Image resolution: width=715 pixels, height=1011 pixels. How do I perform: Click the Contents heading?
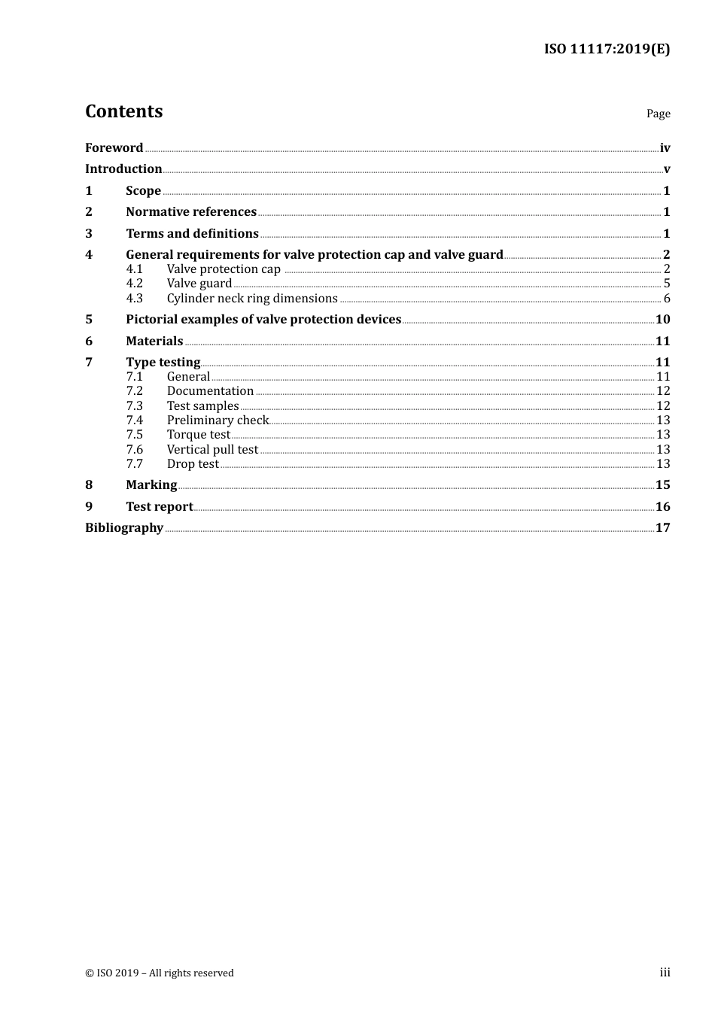pos(123,111)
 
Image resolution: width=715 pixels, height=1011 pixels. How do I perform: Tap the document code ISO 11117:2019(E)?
pos(607,49)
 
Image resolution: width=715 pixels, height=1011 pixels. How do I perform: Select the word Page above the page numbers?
pos(658,114)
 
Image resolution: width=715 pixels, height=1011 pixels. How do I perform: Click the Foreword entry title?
pos(114,147)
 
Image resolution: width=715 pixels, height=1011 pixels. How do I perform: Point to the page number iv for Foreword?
pos(665,147)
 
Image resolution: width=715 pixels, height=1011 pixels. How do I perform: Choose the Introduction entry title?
pos(123,168)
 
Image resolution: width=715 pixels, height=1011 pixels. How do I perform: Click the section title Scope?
pos(143,190)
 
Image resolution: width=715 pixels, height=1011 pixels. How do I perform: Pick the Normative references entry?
pos(191,211)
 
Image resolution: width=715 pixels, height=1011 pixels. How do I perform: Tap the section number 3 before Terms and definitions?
pos(89,233)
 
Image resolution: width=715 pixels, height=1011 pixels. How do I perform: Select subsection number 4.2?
pos(134,284)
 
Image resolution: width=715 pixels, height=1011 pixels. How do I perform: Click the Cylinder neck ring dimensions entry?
pos(252,299)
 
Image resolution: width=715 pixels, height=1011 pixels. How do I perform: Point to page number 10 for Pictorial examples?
pos(662,319)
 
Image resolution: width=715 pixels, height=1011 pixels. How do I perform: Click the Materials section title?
pos(154,341)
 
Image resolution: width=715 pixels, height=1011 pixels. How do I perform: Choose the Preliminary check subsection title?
pos(218,420)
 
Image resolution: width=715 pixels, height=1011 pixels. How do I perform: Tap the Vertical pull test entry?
pos(212,450)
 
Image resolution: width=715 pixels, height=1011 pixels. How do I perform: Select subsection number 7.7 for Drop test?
pos(134,464)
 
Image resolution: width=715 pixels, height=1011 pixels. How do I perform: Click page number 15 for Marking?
pos(662,485)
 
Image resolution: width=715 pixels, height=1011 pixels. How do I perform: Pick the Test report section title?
pos(160,506)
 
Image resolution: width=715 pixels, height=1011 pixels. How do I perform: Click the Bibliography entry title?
pos(124,527)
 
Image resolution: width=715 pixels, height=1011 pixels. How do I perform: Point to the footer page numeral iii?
pos(665,973)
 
